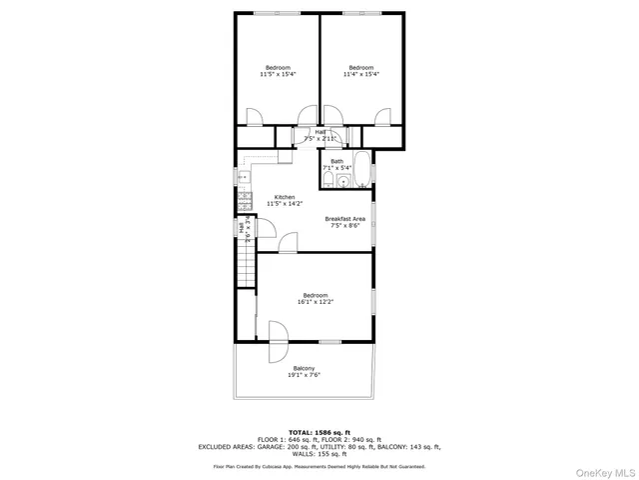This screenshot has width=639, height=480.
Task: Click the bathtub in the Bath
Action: tap(363, 173)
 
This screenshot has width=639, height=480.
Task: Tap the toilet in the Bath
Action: tap(328, 180)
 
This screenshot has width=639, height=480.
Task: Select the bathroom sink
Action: tap(342, 181)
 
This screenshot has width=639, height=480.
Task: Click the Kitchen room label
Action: tap(285, 197)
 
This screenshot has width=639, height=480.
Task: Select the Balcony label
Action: tap(305, 368)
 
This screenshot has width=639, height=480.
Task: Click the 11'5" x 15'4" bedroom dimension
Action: tap(278, 74)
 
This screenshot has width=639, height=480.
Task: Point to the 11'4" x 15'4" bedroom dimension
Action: tap(361, 74)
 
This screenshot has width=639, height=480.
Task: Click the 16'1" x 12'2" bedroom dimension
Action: tap(316, 301)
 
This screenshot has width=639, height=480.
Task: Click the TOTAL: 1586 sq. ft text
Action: tap(319, 431)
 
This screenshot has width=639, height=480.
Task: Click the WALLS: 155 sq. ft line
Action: tap(319, 454)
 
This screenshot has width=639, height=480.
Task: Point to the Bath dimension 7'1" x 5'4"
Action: tap(337, 168)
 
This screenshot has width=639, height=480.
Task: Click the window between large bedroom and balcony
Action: tap(330, 343)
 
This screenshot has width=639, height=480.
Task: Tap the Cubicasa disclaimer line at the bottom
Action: tap(319, 466)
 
